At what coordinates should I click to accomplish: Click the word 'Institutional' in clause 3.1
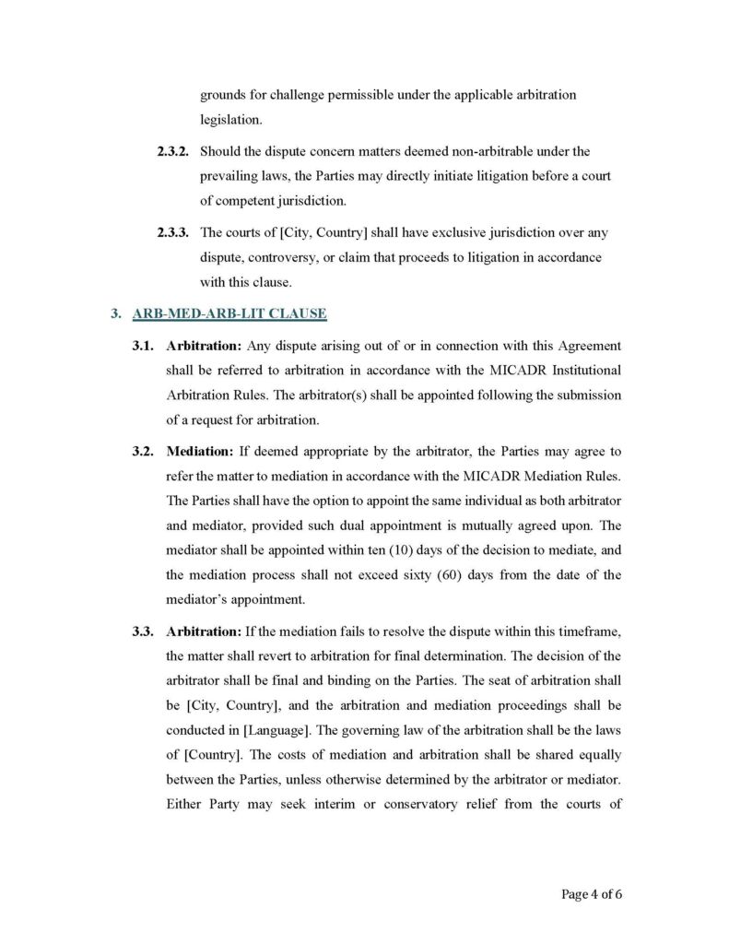click(x=582, y=371)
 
